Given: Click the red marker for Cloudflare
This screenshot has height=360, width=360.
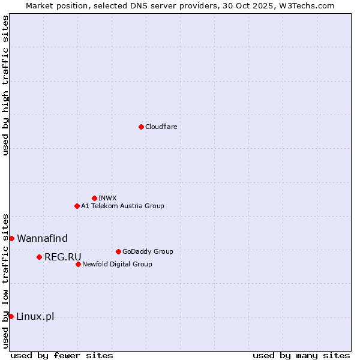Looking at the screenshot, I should pyautogui.click(x=141, y=127).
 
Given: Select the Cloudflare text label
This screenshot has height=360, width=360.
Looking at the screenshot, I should pyautogui.click(x=161, y=127).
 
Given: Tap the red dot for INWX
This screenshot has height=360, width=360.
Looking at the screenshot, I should pyautogui.click(x=94, y=198).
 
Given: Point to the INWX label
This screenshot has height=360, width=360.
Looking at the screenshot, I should pyautogui.click(x=107, y=198).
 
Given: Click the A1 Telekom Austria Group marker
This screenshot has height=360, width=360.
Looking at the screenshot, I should pyautogui.click(x=77, y=206).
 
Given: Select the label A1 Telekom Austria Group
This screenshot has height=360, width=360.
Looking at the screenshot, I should pyautogui.click(x=122, y=206).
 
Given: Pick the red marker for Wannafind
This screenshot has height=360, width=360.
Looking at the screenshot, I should pyautogui.click(x=11, y=238).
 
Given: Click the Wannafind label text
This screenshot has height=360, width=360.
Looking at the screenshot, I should pyautogui.click(x=42, y=238).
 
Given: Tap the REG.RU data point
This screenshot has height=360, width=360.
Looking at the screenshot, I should pyautogui.click(x=39, y=257).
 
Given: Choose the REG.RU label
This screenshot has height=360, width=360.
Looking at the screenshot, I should pyautogui.click(x=62, y=257).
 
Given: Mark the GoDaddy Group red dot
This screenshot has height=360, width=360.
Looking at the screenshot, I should pyautogui.click(x=118, y=251).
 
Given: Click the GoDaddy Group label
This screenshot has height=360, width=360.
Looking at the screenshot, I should pyautogui.click(x=148, y=251).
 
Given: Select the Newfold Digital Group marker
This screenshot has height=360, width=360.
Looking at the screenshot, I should pyautogui.click(x=78, y=264).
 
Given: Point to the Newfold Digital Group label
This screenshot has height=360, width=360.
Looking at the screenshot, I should pyautogui.click(x=117, y=264).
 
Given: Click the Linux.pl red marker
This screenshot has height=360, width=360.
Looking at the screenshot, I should pyautogui.click(x=11, y=316).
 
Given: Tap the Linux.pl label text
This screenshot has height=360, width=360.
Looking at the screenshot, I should pyautogui.click(x=35, y=316).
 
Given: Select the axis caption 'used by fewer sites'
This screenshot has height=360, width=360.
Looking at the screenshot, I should pyautogui.click(x=62, y=355).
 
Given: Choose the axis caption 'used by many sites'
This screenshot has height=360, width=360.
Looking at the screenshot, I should pyautogui.click(x=301, y=355).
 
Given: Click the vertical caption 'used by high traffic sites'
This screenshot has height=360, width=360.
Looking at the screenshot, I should pyautogui.click(x=5, y=85).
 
